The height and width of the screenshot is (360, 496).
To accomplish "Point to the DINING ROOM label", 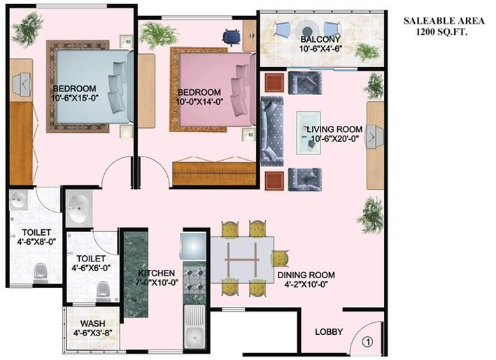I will pyautogui.click(x=306, y=280).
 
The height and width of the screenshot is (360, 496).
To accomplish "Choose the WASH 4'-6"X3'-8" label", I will pyautogui.click(x=92, y=329).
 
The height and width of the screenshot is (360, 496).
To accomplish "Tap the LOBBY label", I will pyautogui.click(x=328, y=331).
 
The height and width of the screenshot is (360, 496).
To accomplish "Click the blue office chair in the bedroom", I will pyautogui.click(x=230, y=36).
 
